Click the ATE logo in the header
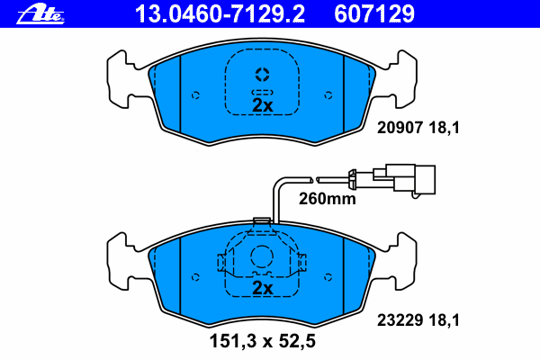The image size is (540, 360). [40, 14]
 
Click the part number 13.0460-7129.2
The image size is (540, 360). [220, 14]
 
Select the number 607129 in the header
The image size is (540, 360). [374, 14]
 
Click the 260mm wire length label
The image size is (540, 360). [328, 199]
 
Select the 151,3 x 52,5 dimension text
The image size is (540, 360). [263, 341]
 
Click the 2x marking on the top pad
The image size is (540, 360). [263, 105]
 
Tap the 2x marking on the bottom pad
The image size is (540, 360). [263, 288]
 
